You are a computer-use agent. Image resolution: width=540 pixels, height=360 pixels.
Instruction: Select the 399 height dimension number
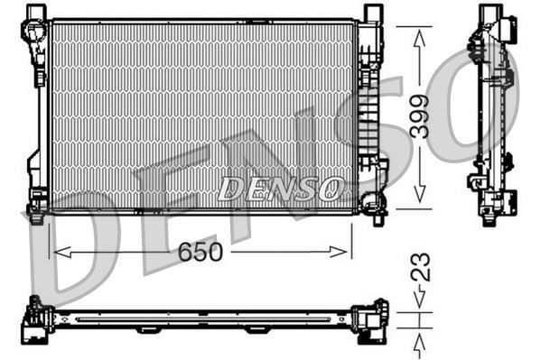point(419,115)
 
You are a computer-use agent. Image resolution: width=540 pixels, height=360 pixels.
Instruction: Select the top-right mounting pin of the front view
point(371,12)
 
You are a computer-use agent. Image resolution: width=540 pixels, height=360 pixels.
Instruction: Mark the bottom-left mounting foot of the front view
point(35,215)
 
